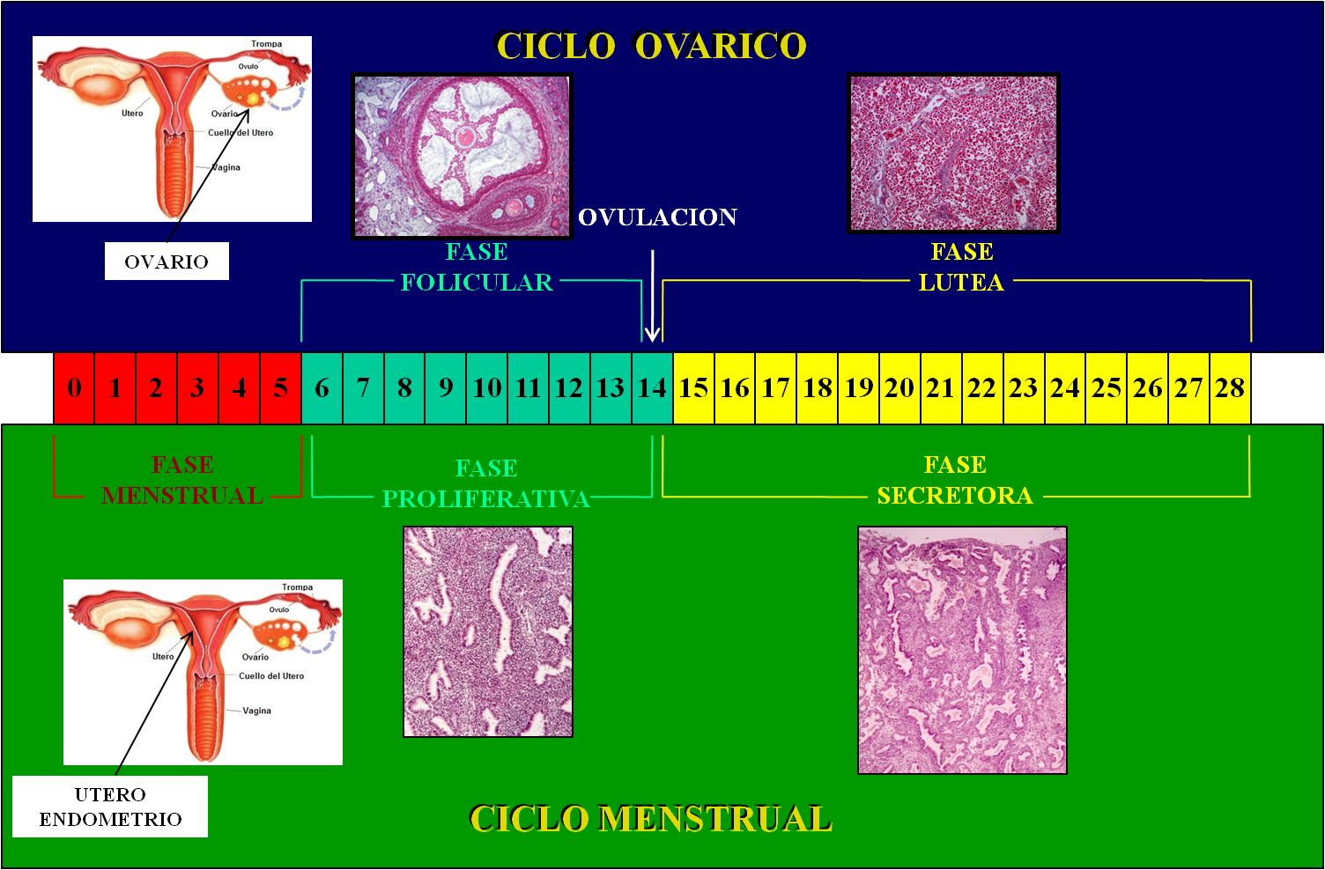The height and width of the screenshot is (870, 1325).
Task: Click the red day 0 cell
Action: click(74, 388)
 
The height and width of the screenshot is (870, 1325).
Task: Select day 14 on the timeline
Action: click(652, 388)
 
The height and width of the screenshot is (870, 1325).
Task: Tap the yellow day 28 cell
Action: click(1230, 388)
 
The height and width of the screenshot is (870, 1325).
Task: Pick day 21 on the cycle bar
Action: click(941, 388)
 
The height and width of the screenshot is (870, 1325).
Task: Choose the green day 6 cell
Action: click(322, 388)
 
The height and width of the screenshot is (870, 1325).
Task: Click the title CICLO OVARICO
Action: click(651, 47)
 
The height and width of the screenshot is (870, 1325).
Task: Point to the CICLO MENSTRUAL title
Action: click(650, 819)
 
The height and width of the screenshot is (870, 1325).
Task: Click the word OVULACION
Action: click(657, 217)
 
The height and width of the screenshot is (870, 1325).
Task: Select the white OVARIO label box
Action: click(167, 262)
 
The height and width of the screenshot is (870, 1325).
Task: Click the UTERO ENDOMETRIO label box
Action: click(110, 807)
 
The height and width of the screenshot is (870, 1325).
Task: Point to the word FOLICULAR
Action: click(477, 283)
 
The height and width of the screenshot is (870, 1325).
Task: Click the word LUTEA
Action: click(961, 283)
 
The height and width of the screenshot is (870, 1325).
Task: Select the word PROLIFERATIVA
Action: click(485, 499)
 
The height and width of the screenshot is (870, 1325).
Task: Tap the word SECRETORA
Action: click(955, 496)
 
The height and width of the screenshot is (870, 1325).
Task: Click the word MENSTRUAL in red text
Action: click(182, 496)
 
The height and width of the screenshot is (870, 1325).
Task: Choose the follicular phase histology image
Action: click(462, 156)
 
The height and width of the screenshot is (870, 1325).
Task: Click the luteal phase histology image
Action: click(953, 153)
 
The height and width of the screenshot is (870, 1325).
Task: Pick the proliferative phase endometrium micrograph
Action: click(488, 631)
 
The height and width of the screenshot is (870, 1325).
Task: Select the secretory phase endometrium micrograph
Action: click(962, 650)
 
